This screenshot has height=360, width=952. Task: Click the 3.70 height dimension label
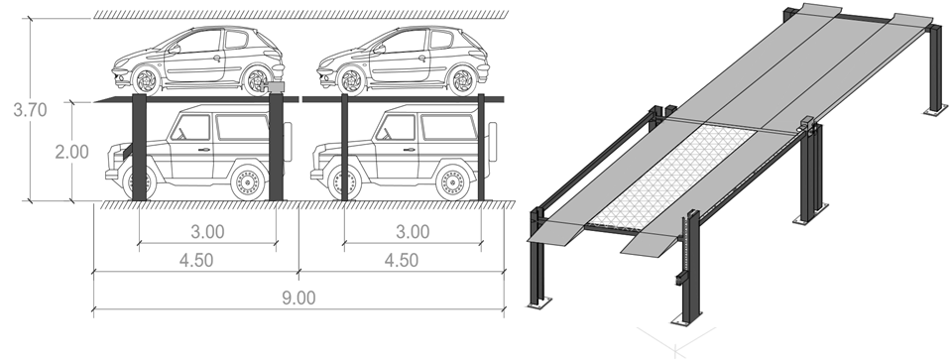[x=30, y=110]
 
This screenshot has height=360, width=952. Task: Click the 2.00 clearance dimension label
[x=71, y=152]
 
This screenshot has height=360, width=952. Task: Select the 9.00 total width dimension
[x=298, y=299]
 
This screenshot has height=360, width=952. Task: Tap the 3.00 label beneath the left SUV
[x=207, y=232]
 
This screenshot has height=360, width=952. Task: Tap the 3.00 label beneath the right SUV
[x=413, y=232]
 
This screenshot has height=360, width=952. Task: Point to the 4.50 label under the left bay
[x=196, y=260]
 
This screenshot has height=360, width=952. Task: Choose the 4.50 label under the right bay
[x=402, y=260]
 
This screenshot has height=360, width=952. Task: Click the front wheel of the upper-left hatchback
[x=147, y=80]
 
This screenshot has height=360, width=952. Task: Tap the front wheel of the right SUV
[x=344, y=182]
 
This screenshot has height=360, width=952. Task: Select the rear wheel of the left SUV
[x=248, y=182]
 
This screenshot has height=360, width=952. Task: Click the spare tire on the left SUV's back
[x=288, y=142]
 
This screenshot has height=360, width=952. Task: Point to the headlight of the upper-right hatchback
[x=329, y=62]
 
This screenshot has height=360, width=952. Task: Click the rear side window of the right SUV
[x=449, y=127]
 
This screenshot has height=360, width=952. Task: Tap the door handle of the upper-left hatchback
[x=217, y=59]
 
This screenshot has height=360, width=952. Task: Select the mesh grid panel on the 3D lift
[x=674, y=177]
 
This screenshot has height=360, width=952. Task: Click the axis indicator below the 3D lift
[x=675, y=342]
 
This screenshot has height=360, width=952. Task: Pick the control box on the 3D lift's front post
[x=680, y=279]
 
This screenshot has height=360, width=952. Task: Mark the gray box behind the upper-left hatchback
[x=276, y=87]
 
